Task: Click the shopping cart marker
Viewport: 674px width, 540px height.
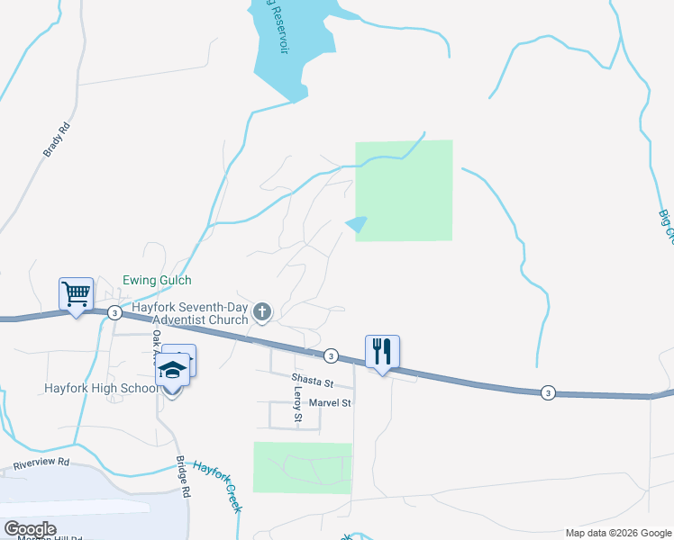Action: point(77,293)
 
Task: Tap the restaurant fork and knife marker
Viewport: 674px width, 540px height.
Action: point(382,351)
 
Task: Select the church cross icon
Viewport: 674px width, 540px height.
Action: point(262,312)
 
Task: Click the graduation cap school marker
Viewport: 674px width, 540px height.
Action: point(172,371)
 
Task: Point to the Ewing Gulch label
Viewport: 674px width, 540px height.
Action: point(158,281)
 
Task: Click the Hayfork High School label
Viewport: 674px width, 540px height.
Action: point(101,389)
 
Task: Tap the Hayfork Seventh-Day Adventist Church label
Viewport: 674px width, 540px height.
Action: point(190,313)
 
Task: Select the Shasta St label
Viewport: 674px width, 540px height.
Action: point(312,378)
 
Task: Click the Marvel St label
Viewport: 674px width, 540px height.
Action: point(329,403)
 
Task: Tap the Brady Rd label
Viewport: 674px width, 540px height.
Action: point(57,140)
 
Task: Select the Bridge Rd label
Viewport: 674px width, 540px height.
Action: point(183,478)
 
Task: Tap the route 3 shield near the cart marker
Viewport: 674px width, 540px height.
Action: point(114,312)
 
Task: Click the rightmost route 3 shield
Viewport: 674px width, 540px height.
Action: point(547,392)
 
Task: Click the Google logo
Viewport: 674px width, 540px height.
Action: point(30,529)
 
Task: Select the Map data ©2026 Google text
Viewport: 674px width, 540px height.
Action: point(618,533)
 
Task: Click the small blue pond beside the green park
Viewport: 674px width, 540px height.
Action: point(358,224)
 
